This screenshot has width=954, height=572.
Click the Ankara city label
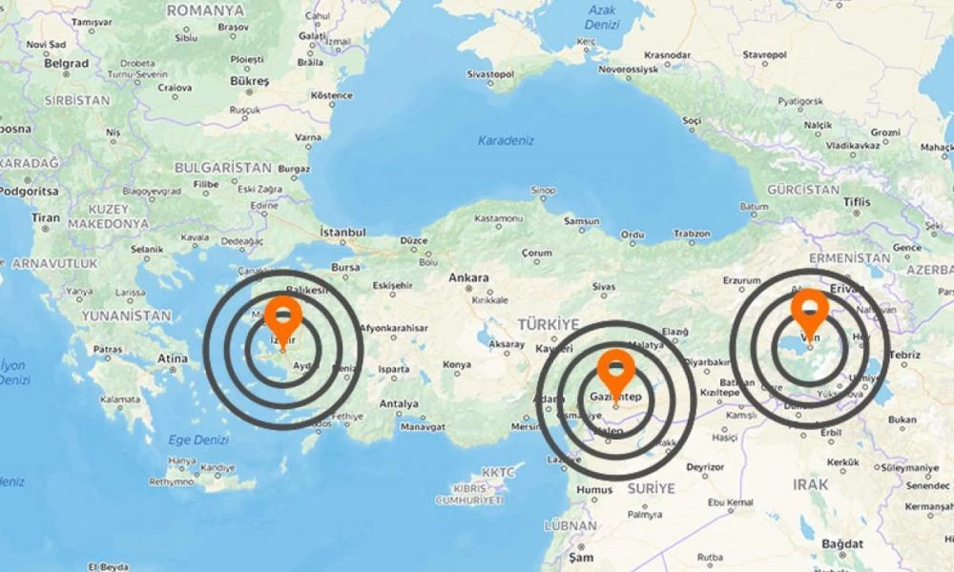[x=468, y=277]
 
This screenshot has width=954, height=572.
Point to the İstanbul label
[x=342, y=232]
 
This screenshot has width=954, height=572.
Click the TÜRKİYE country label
[x=549, y=324]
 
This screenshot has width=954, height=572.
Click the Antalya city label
[x=398, y=403]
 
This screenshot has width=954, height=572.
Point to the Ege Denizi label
[x=198, y=439]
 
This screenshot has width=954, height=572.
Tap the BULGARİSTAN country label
[x=223, y=167]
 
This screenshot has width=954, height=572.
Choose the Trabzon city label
[x=692, y=234]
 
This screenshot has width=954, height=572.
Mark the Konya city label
[x=457, y=364]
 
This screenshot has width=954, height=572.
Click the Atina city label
[x=173, y=358]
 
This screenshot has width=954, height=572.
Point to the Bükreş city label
[x=249, y=81]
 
